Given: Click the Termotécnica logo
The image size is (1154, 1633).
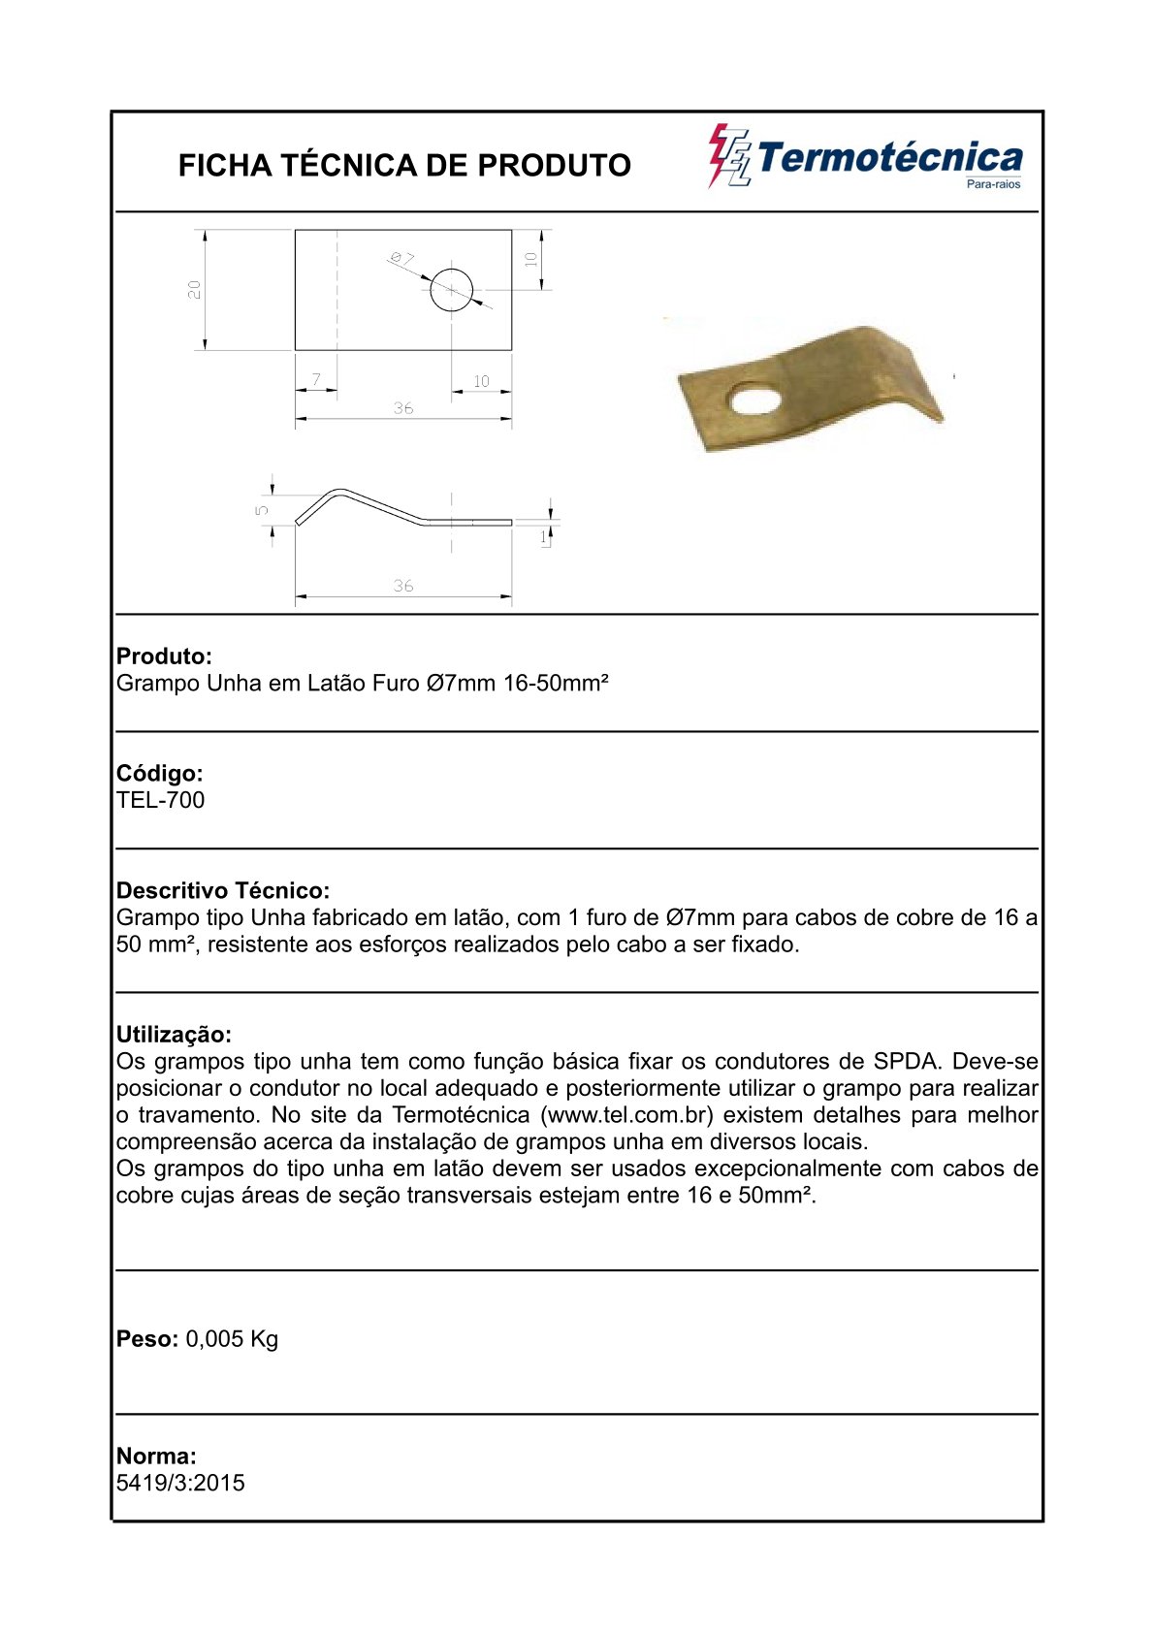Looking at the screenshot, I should (x=865, y=158).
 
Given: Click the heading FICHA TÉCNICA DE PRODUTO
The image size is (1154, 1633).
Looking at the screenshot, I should (x=404, y=165).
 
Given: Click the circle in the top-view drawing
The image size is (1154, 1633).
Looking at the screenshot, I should (x=451, y=289).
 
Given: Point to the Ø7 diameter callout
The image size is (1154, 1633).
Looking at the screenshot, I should (x=401, y=258).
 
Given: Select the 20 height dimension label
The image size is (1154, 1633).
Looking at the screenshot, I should (x=195, y=289).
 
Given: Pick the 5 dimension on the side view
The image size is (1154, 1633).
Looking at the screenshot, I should (x=262, y=509).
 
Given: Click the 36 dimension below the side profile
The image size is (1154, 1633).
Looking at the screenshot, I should (x=403, y=586).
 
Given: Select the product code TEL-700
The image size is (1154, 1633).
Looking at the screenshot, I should (x=161, y=800).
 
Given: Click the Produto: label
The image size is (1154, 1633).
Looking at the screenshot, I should (x=164, y=656).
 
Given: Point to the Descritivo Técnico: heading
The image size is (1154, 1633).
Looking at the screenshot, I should (x=223, y=890).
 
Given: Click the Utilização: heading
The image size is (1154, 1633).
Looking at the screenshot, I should (x=174, y=1034).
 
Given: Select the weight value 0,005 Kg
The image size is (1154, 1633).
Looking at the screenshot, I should (x=232, y=1339).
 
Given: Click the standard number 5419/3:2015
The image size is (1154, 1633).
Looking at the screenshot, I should (x=180, y=1483).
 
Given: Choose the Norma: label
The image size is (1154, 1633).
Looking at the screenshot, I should (x=156, y=1456).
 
